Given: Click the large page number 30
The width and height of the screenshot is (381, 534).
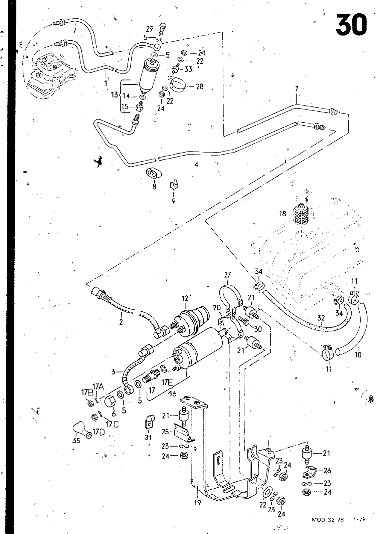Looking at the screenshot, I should (351, 25).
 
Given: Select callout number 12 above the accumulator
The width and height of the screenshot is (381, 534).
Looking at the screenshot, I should (185, 298).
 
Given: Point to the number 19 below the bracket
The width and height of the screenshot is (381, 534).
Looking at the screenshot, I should (198, 503).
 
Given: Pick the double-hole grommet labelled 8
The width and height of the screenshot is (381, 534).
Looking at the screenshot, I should (154, 174).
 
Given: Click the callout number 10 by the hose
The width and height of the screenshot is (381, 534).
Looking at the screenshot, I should (358, 355).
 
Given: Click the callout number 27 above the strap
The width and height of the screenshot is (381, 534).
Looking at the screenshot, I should (227, 275).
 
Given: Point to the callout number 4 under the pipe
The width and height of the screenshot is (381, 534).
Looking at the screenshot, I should (196, 165).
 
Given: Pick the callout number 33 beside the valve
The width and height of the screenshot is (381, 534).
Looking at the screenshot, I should (188, 69).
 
